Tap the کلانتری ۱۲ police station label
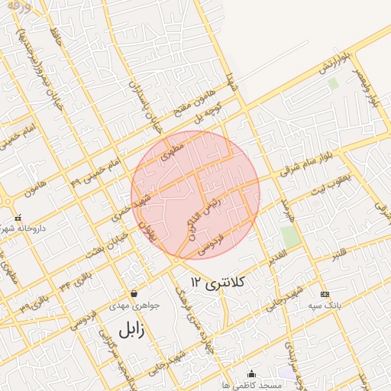(x=219, y=283)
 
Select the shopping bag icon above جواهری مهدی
(x=134, y=292)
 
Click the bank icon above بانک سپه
(x=325, y=294)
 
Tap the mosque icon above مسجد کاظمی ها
(x=252, y=373)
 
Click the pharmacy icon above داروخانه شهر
(x=18, y=218)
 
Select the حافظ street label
(x=53, y=34)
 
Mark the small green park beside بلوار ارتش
(x=332, y=83)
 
